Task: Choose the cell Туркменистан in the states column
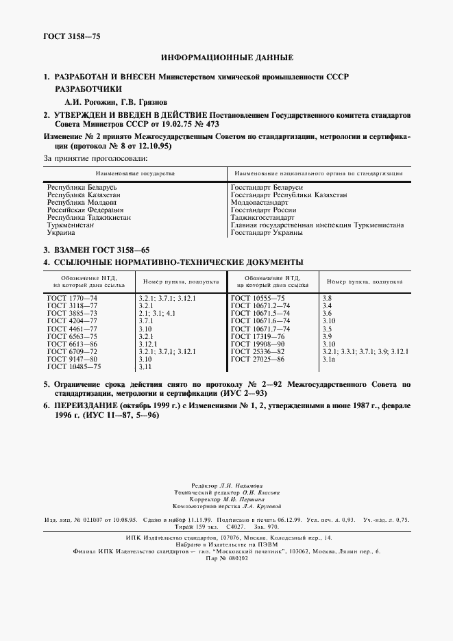pos(71,225)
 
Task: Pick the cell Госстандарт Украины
pos(267,233)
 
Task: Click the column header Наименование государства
pos(135,173)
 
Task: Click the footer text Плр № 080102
pos(226,558)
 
